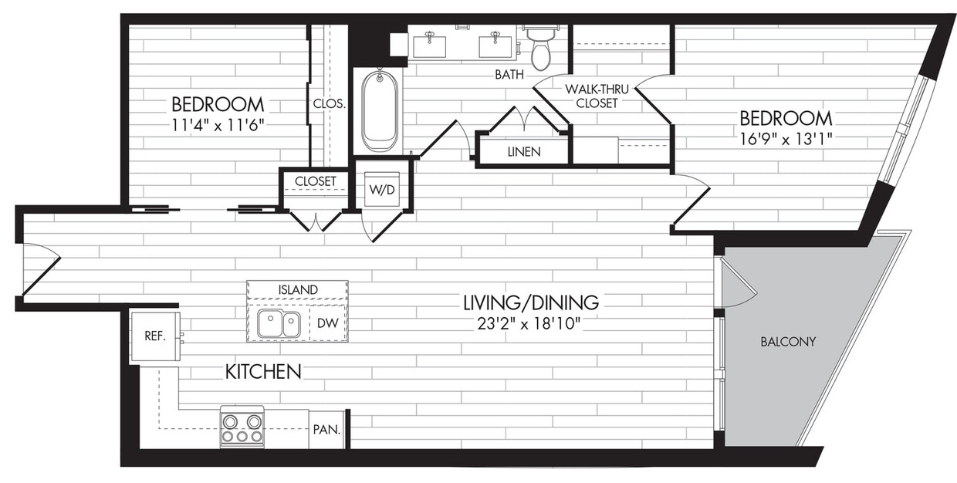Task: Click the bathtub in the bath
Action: (379, 110)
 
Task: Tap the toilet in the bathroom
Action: (541, 49)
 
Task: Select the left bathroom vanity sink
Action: (430, 44)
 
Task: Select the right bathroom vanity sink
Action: (495, 44)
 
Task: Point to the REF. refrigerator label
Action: (154, 336)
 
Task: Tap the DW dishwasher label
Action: (327, 324)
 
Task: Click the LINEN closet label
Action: (524, 151)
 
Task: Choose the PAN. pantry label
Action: (326, 431)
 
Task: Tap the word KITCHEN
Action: (262, 372)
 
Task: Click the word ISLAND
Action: (297, 289)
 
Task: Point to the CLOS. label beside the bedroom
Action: (329, 103)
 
